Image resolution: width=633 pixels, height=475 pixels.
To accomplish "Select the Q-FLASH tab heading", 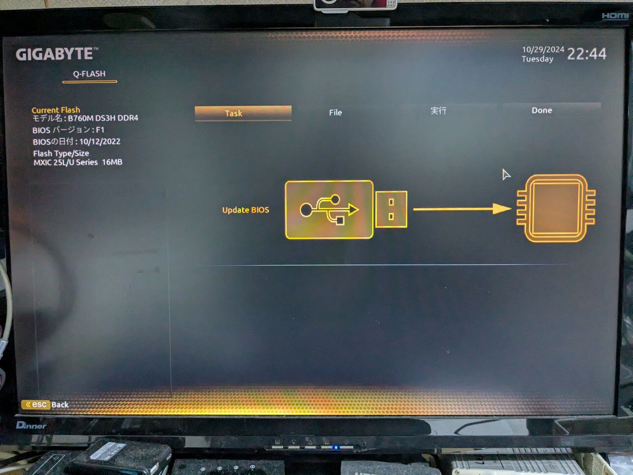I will tap(89, 74).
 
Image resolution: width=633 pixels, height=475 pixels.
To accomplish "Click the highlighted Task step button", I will tap(243, 113).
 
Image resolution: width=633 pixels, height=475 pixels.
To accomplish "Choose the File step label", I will tap(335, 112).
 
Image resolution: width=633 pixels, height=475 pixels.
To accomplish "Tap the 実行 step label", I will tap(438, 111).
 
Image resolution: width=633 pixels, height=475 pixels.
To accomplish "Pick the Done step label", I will tap(542, 111).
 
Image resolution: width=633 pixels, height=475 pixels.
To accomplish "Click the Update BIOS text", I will tap(246, 210).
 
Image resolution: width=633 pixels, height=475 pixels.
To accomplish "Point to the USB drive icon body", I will tap(329, 209).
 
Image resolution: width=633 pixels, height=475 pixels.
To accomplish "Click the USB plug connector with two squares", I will tap(391, 209).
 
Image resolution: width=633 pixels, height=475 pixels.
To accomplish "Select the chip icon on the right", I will tap(556, 208).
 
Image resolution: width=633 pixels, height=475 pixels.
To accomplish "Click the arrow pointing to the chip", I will tap(462, 209).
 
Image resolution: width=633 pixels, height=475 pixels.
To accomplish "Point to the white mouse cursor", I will tap(506, 174).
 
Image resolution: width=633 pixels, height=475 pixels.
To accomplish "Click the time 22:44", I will tap(587, 54).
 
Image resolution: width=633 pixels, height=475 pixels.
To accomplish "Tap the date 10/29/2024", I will tap(543, 50).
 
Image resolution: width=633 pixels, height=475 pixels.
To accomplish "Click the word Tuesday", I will tap(537, 59).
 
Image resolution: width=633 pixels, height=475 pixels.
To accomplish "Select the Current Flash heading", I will tap(56, 110).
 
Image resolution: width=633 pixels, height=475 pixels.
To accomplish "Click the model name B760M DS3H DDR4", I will tap(103, 118).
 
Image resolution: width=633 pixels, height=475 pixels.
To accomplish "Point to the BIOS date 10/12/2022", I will tap(100, 142).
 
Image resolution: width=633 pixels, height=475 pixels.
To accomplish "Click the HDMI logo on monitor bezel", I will tap(615, 16).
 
